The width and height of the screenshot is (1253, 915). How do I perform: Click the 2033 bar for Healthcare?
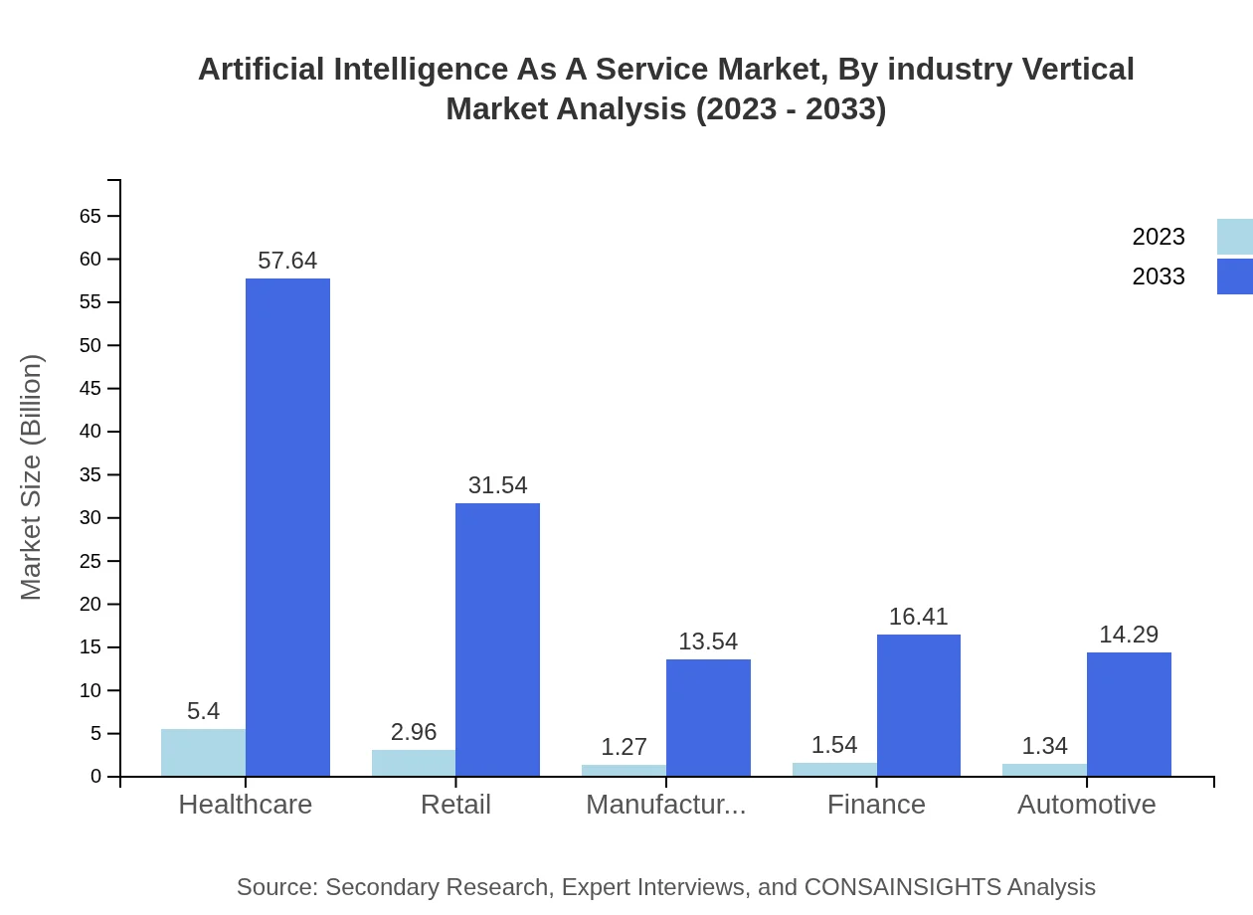tap(287, 527)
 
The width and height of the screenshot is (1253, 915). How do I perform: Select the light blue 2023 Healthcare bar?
tap(203, 753)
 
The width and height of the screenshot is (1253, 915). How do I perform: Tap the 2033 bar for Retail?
tap(497, 640)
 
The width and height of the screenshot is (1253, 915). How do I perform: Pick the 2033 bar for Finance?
tap(918, 705)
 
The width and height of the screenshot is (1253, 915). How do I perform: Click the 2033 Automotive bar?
tap(1129, 714)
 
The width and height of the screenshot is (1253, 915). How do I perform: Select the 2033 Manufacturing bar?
tap(708, 717)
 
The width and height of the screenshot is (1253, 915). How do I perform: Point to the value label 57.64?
tap(287, 261)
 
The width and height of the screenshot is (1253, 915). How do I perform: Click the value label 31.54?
tap(497, 485)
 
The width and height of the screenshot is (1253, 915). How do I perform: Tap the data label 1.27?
tap(624, 747)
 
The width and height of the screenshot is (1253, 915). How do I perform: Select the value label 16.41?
tap(918, 617)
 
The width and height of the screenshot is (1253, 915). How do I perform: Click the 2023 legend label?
tap(1159, 237)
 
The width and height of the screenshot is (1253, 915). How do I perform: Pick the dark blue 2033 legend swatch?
tap(1234, 276)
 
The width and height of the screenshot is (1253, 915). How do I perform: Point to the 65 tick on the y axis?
tap(90, 216)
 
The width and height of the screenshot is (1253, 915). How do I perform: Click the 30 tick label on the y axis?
tap(90, 518)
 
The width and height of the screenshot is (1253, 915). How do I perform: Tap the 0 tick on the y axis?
tap(96, 777)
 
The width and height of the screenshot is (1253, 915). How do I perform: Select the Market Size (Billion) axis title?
tap(32, 477)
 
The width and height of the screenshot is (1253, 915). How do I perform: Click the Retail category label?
tap(455, 805)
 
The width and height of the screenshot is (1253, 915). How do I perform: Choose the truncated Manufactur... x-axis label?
tap(665, 805)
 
